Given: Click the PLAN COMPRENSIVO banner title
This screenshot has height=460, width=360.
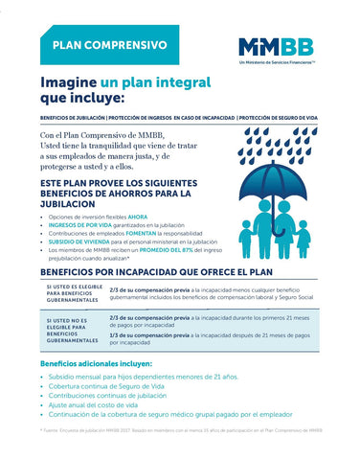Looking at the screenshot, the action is [x=109, y=45].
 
